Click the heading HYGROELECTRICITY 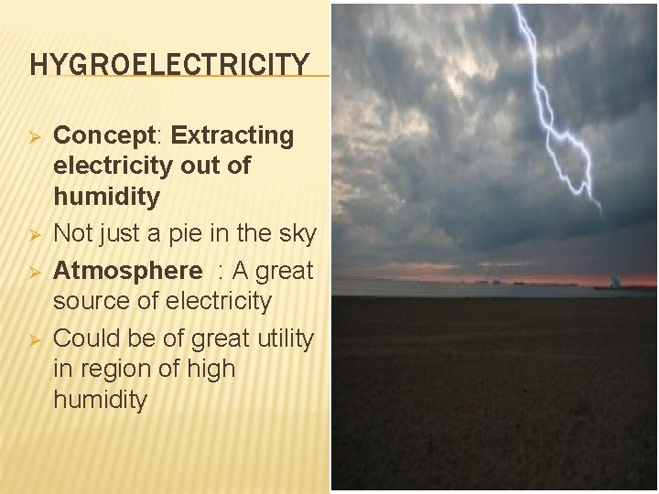(170, 65)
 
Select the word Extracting (232, 136)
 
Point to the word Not (74, 234)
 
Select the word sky (294, 234)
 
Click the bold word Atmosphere (127, 271)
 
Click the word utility (283, 338)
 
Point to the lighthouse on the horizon (614, 281)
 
